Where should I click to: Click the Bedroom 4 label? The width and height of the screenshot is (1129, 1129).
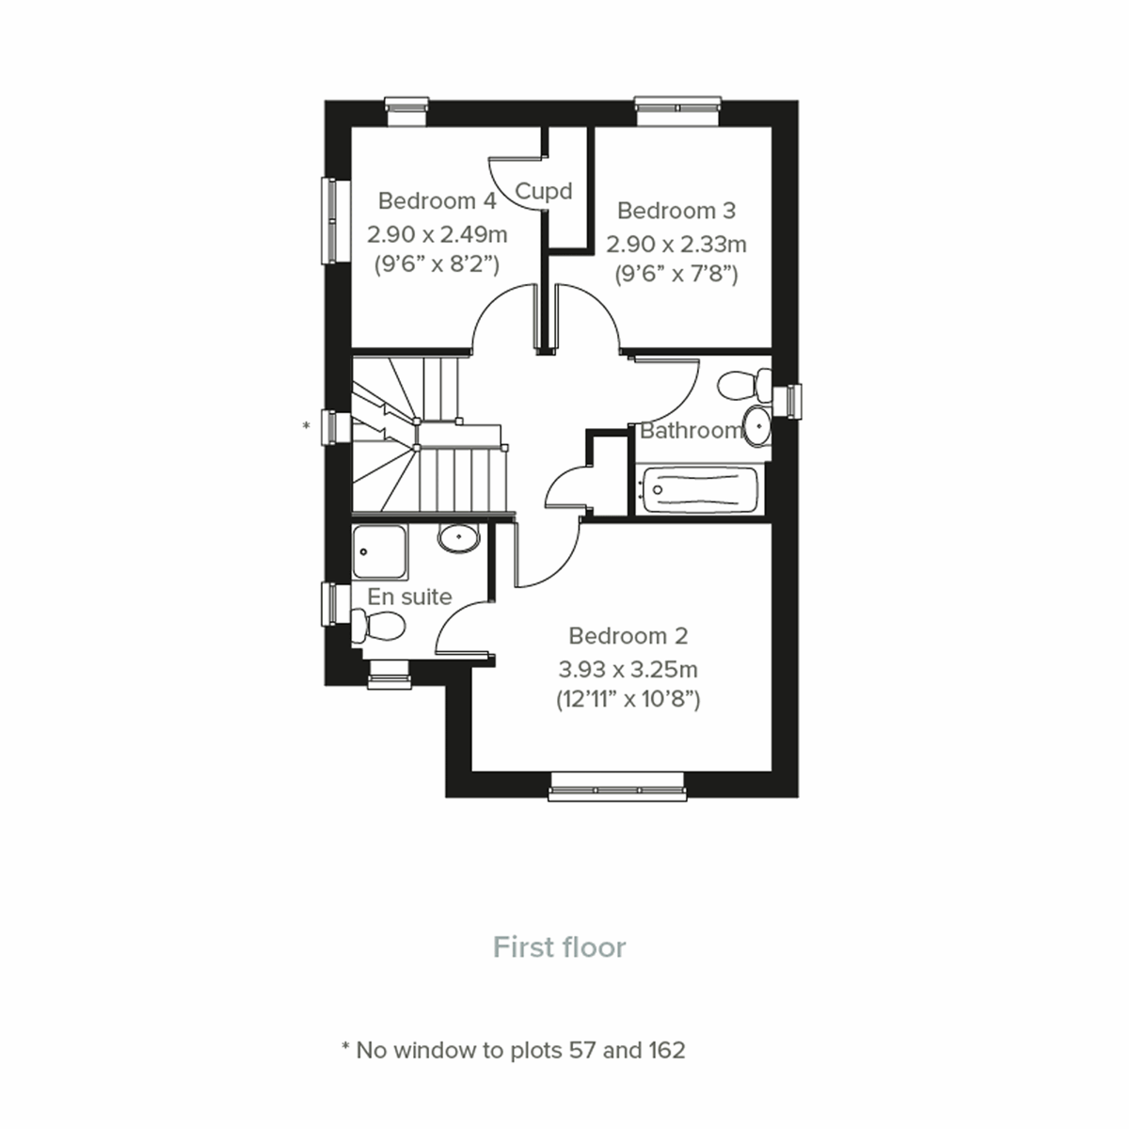437,201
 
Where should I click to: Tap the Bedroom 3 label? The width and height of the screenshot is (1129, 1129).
676,211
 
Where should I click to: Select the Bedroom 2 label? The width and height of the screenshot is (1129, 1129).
628,636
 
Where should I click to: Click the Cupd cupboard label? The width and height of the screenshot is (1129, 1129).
544,192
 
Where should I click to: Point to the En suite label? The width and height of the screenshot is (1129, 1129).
409,596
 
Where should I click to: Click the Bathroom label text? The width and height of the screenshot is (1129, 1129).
691,431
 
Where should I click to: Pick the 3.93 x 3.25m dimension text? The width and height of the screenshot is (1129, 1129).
628,670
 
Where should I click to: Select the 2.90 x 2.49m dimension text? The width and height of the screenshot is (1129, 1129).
437,232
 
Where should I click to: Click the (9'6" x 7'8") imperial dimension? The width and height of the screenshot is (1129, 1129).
676,275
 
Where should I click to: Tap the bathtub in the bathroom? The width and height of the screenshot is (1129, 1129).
701,489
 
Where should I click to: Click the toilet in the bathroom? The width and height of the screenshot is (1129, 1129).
743,386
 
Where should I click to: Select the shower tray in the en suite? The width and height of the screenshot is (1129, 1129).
380,551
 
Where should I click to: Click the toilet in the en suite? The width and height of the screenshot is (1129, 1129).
380,625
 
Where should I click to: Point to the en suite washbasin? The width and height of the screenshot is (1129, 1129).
458,538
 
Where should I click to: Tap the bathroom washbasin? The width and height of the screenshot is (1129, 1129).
756,425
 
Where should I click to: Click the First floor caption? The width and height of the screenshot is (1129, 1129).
560,947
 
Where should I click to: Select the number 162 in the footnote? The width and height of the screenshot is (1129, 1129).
665,1050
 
